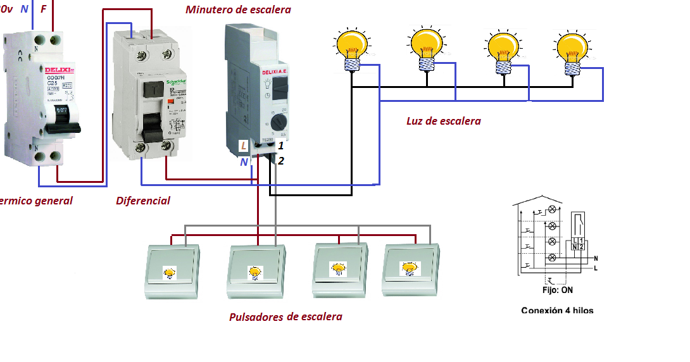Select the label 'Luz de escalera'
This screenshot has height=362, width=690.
[x=443, y=121]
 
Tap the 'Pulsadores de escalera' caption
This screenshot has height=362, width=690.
[x=285, y=316]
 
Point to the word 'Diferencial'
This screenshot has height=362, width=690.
[x=143, y=201]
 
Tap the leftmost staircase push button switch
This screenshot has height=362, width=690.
[x=171, y=271]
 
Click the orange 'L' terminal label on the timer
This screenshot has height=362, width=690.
[x=244, y=146]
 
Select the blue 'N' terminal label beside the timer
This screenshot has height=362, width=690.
[x=244, y=162]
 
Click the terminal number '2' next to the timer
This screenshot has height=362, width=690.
[x=280, y=161]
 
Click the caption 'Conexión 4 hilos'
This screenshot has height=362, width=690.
[x=557, y=310]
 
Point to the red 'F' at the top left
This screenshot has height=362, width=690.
[x=43, y=9]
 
